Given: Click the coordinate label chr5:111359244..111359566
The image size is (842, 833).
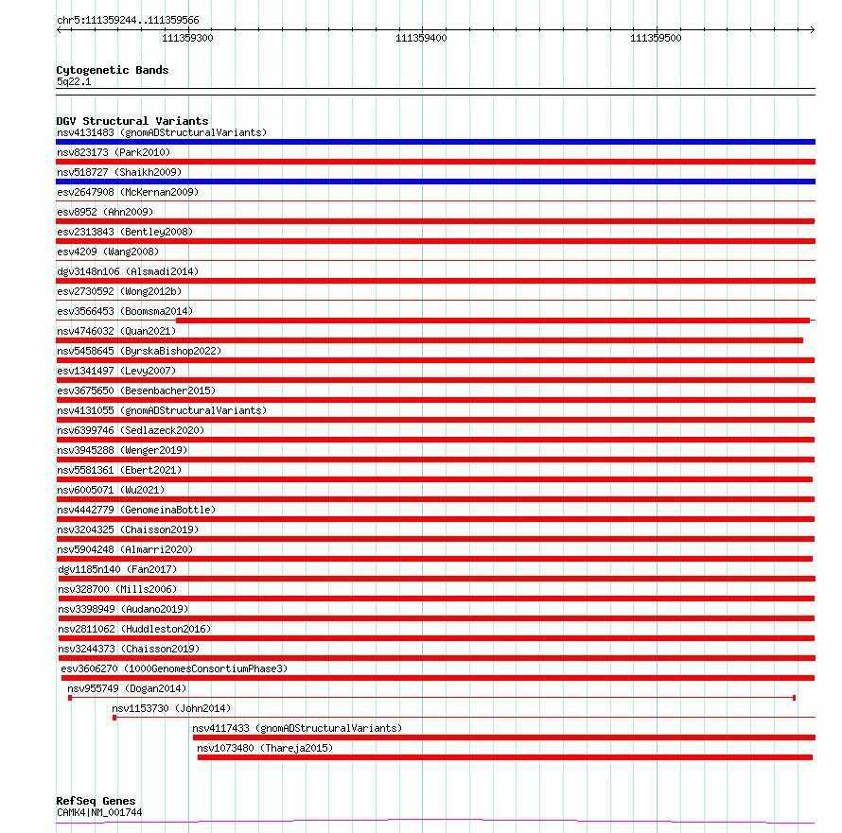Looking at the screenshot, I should (128, 20).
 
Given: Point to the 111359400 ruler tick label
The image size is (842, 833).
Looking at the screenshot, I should (421, 38).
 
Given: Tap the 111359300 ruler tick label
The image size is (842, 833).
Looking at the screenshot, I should (187, 38).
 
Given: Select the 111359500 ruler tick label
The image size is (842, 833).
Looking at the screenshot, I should (656, 38).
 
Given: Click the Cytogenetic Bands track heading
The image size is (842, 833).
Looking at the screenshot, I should (112, 70).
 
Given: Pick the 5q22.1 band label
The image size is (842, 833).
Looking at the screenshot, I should (74, 82).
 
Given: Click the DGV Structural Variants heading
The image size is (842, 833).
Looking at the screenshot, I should (132, 121).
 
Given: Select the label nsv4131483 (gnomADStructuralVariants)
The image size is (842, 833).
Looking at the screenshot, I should (161, 132).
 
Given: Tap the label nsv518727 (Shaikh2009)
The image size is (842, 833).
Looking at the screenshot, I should (119, 172).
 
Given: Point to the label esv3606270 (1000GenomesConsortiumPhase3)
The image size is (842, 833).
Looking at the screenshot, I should (173, 668).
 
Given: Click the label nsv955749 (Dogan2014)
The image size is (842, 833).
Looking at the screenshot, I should (127, 688).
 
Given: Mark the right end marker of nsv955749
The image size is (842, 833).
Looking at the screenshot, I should (794, 698).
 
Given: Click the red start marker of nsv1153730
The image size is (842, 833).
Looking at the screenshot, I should (114, 718).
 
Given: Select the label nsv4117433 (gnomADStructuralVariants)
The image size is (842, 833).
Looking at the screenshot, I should (296, 728).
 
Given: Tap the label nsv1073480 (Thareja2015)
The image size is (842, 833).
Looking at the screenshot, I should (265, 748).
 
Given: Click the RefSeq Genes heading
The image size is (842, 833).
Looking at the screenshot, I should (96, 801).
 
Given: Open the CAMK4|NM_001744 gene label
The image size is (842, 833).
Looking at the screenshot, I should (99, 812).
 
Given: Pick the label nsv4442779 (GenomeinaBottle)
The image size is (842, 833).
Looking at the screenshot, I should (136, 510).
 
